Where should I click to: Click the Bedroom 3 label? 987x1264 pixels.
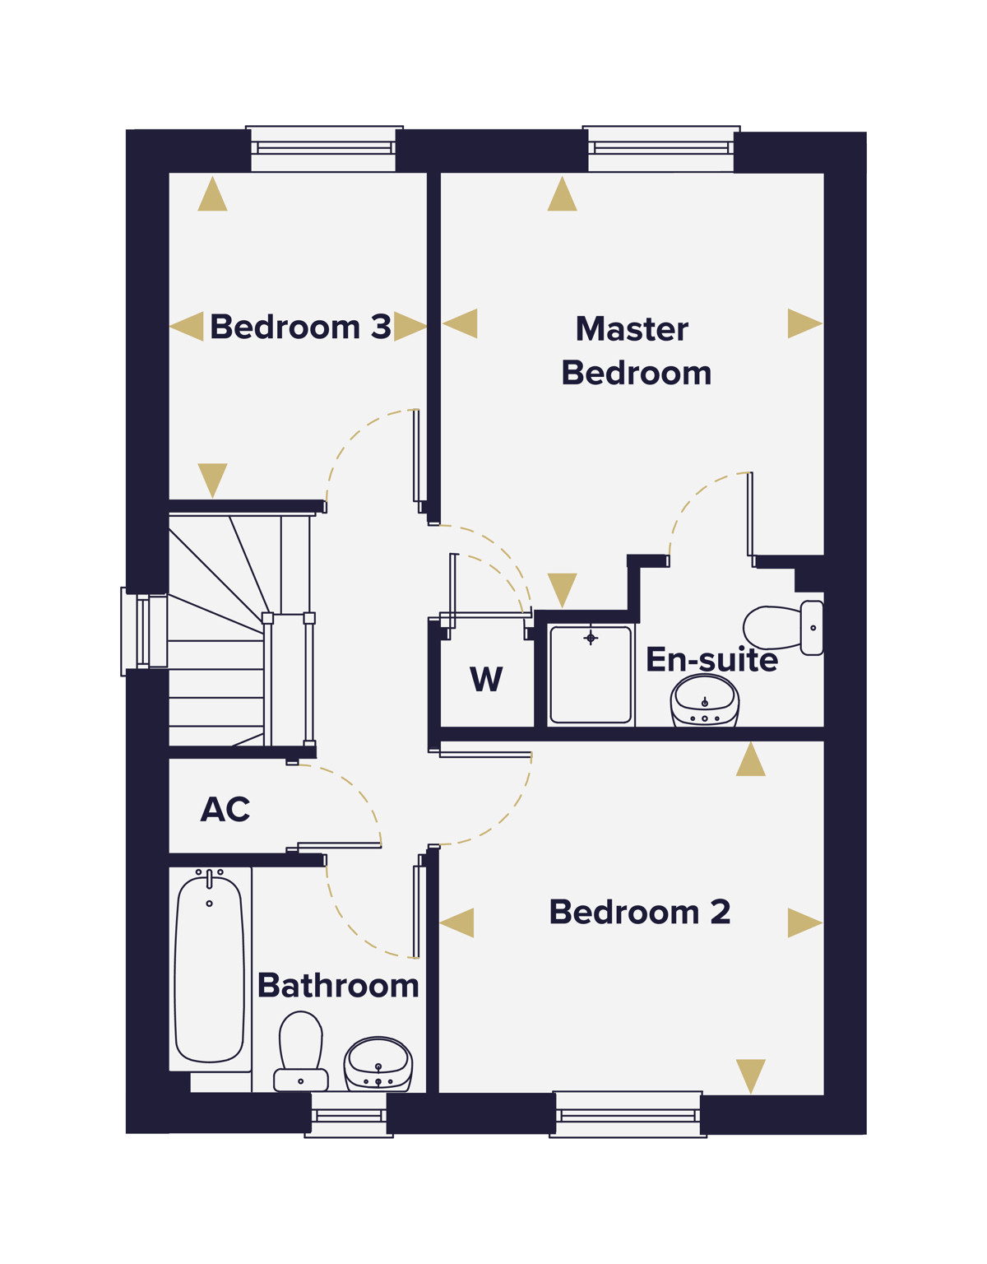click(300, 327)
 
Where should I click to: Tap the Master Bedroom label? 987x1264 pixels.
click(636, 351)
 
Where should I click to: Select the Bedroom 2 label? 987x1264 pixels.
click(639, 912)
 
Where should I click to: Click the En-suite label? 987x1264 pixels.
click(711, 660)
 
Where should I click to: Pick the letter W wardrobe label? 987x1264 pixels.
click(486, 679)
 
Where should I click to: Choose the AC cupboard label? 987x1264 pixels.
click(225, 809)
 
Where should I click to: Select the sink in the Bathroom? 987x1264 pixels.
click(378, 1064)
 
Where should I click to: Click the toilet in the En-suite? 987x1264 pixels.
click(783, 628)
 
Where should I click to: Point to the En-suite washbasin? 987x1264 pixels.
click(705, 700)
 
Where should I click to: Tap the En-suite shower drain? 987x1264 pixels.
click(591, 638)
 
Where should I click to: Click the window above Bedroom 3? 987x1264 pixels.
click(324, 148)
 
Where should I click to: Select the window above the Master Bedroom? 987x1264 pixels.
click(661, 148)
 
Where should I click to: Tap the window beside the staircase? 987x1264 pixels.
click(144, 632)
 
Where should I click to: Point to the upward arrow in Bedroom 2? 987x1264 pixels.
click(750, 759)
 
